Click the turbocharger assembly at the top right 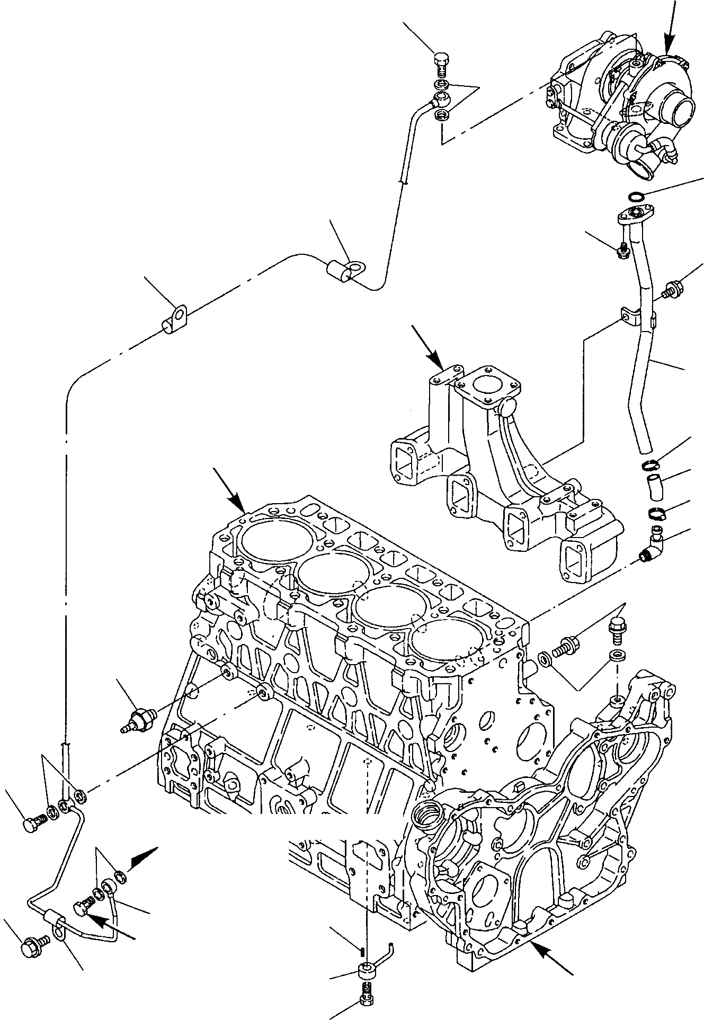tap(620, 101)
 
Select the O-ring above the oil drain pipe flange tap(635, 197)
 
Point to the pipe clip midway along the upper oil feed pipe tap(344, 271)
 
